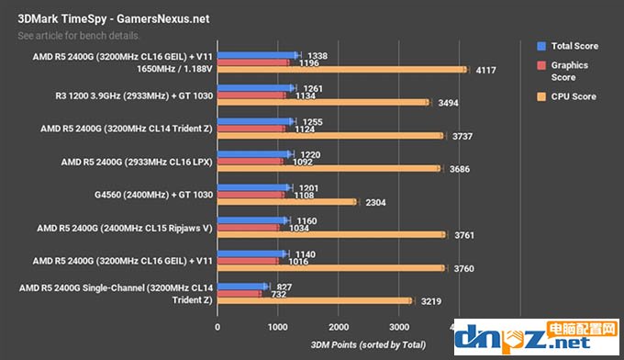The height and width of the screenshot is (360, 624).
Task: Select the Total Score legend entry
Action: point(574,45)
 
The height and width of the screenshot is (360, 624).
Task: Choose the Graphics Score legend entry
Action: point(570,71)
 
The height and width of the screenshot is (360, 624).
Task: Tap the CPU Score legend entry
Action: point(574,96)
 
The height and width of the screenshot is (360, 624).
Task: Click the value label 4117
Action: point(485,69)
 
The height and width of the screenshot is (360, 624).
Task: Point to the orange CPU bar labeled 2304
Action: point(286,202)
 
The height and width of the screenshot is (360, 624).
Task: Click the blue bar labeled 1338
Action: point(257,55)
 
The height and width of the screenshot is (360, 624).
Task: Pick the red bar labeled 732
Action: point(240,294)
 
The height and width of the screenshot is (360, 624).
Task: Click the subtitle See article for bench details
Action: point(79,36)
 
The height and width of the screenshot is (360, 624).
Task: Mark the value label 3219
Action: point(430,301)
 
